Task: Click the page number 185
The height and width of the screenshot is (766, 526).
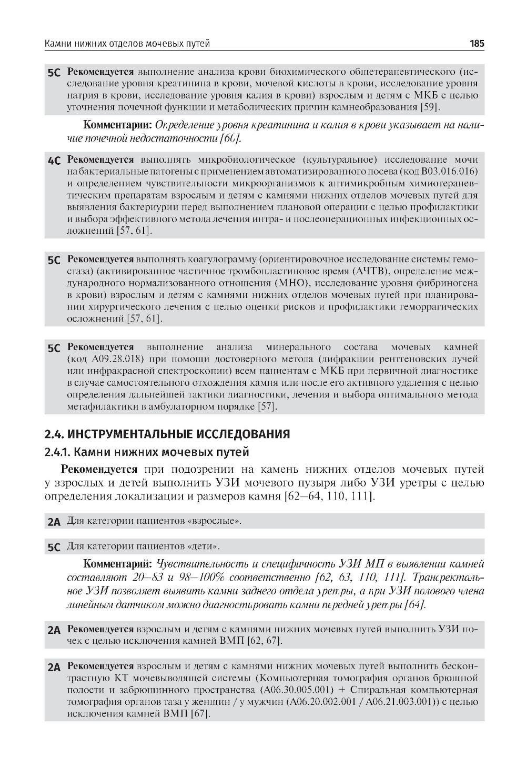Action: (x=477, y=44)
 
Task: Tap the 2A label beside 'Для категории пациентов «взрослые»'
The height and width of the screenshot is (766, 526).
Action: (x=54, y=523)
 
